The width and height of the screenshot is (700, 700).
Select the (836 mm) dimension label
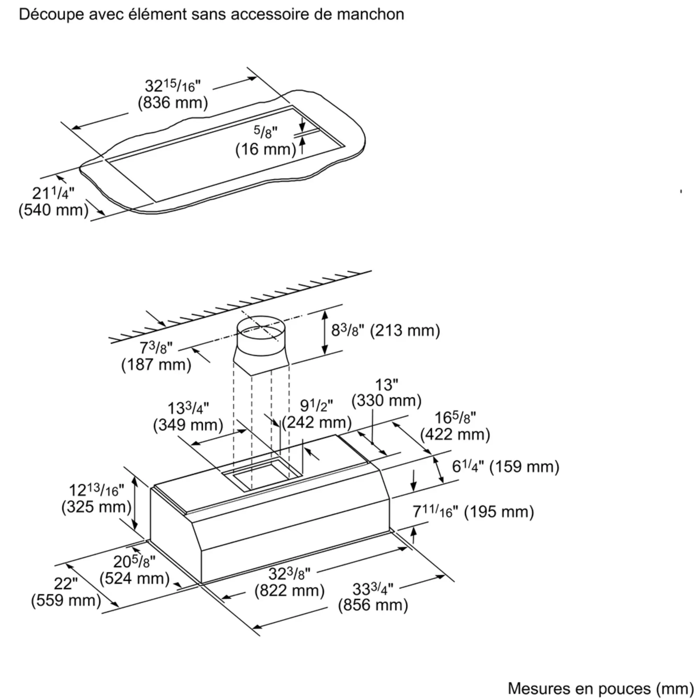(173, 103)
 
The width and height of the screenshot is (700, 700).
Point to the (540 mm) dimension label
(54, 210)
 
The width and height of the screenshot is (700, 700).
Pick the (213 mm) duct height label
(405, 330)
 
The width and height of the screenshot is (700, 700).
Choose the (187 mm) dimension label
(156, 364)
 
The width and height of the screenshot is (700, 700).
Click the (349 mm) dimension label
(188, 425)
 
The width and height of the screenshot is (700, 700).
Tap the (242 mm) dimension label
(317, 422)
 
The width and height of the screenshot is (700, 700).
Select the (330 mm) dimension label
(387, 400)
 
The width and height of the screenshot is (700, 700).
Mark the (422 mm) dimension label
(455, 434)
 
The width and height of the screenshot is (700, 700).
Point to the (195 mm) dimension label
(499, 512)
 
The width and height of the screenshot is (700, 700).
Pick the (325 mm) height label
(96, 506)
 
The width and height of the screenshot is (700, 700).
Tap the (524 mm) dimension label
(135, 578)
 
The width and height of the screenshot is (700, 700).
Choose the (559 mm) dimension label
(66, 600)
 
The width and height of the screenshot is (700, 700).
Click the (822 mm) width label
(289, 590)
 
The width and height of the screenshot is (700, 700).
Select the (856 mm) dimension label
(373, 605)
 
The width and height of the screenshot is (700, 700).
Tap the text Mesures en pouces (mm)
(601, 689)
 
